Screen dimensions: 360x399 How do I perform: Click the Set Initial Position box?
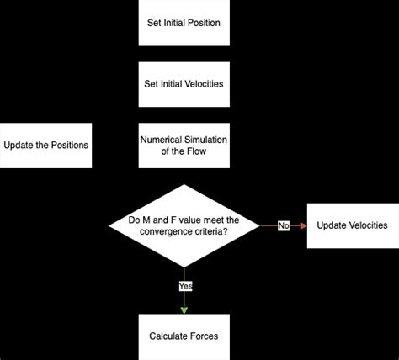(x=184, y=22)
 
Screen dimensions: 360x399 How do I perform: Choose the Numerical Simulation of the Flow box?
(x=184, y=144)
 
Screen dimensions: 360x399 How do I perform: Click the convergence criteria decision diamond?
(x=184, y=225)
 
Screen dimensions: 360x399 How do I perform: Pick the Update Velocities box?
(x=352, y=225)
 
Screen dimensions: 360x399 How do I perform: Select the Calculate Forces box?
(x=184, y=336)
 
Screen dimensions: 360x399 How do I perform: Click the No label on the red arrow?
(x=283, y=225)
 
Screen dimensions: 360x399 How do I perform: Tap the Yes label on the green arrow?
(x=185, y=286)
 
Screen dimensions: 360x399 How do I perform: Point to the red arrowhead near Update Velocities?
(x=303, y=225)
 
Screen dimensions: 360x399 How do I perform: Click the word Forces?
(x=204, y=336)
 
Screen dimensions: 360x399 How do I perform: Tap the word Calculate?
(x=168, y=336)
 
